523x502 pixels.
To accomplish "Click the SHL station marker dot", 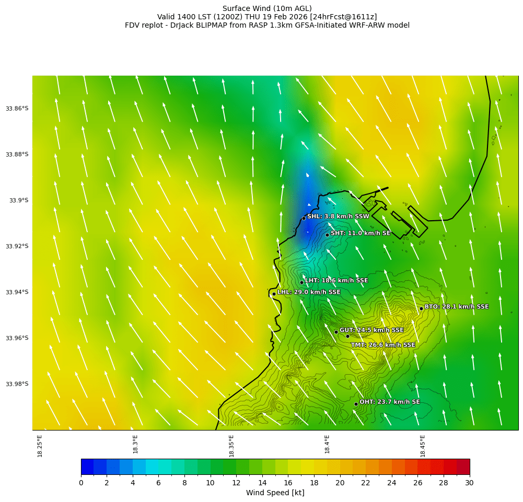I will (304, 218).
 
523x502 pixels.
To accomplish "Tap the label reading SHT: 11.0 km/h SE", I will (361, 233).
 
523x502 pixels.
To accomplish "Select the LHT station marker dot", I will (301, 282).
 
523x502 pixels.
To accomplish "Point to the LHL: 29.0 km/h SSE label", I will (309, 292).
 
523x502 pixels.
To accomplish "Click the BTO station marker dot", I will (421, 308).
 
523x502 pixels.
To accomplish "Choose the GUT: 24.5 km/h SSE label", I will (371, 330).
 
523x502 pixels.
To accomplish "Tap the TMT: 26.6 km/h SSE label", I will (383, 345).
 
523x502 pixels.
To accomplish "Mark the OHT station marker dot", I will (356, 404).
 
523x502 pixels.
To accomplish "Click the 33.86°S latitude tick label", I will (17, 109).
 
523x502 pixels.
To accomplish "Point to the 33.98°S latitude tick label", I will (17, 384).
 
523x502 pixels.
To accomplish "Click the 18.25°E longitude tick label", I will (40, 446).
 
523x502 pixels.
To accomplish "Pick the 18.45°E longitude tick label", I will (423, 446).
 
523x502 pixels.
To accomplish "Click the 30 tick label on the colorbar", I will (469, 483).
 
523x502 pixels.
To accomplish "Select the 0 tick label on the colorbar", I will (81, 483).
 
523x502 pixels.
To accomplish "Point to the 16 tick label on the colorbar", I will (288, 483).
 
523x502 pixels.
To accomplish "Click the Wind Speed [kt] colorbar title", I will (275, 493).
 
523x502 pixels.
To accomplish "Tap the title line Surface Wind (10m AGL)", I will (267, 8).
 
